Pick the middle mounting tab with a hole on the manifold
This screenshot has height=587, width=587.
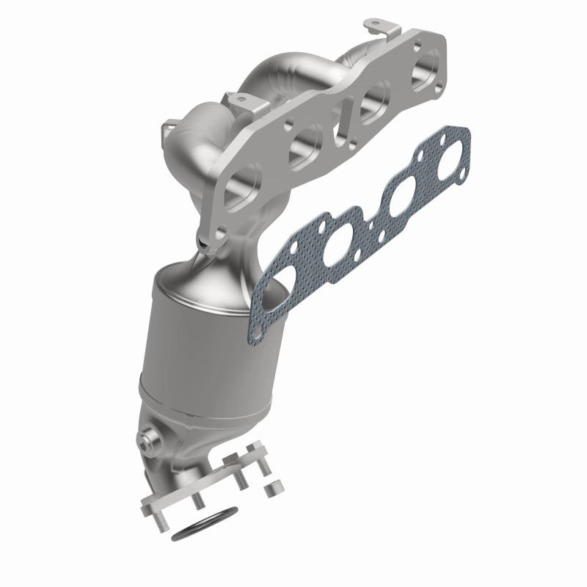238,100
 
